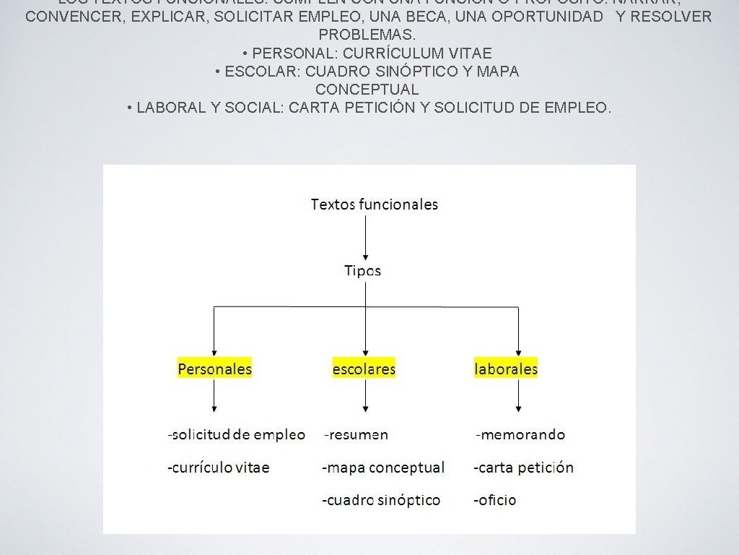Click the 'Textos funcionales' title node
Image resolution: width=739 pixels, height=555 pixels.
(x=374, y=205)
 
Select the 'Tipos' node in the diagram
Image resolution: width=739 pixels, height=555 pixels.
(x=362, y=271)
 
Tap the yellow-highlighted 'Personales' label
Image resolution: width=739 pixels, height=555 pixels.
(x=215, y=369)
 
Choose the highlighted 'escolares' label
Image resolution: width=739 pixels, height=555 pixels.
(x=364, y=369)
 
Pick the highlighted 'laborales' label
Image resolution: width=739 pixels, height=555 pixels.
(x=506, y=369)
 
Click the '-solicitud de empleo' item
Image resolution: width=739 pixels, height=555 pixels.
(x=236, y=435)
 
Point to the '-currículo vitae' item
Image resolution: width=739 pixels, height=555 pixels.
(x=218, y=468)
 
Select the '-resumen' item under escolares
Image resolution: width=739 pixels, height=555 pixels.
(x=356, y=435)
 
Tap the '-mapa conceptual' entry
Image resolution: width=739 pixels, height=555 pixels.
(x=382, y=468)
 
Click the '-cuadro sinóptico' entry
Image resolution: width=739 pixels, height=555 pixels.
(x=380, y=500)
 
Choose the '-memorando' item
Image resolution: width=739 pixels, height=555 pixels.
(x=520, y=435)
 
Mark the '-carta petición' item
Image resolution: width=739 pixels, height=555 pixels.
(x=523, y=468)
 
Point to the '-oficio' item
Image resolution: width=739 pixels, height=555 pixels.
(x=494, y=500)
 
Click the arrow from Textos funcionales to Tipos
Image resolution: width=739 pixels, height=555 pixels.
(x=366, y=238)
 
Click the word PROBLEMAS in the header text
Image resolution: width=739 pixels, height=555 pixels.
(x=367, y=35)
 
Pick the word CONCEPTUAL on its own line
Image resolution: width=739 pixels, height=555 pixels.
(x=367, y=90)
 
